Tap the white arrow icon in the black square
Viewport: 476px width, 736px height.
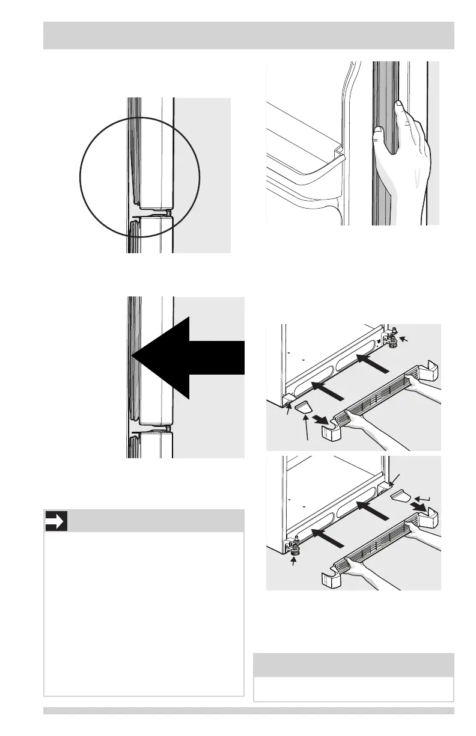(x=56, y=521)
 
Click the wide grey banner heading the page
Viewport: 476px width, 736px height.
(x=248, y=35)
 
